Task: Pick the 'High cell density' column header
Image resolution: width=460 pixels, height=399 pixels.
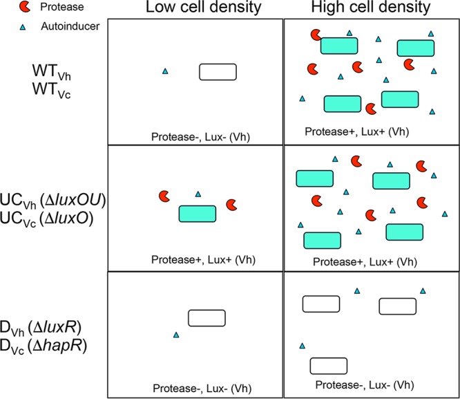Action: pyautogui.click(x=372, y=8)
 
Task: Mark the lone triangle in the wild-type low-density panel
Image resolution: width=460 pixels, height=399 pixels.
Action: pyautogui.click(x=164, y=71)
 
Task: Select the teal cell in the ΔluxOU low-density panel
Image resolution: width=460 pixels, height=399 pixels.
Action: pyautogui.click(x=198, y=214)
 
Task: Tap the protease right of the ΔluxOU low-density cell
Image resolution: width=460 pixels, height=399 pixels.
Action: pyautogui.click(x=233, y=205)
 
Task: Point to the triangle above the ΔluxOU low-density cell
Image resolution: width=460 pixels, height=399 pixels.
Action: pyautogui.click(x=199, y=194)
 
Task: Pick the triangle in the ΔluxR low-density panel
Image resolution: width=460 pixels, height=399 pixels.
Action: pyautogui.click(x=175, y=335)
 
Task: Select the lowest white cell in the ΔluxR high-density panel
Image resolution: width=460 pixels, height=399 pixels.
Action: pyautogui.click(x=328, y=365)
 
